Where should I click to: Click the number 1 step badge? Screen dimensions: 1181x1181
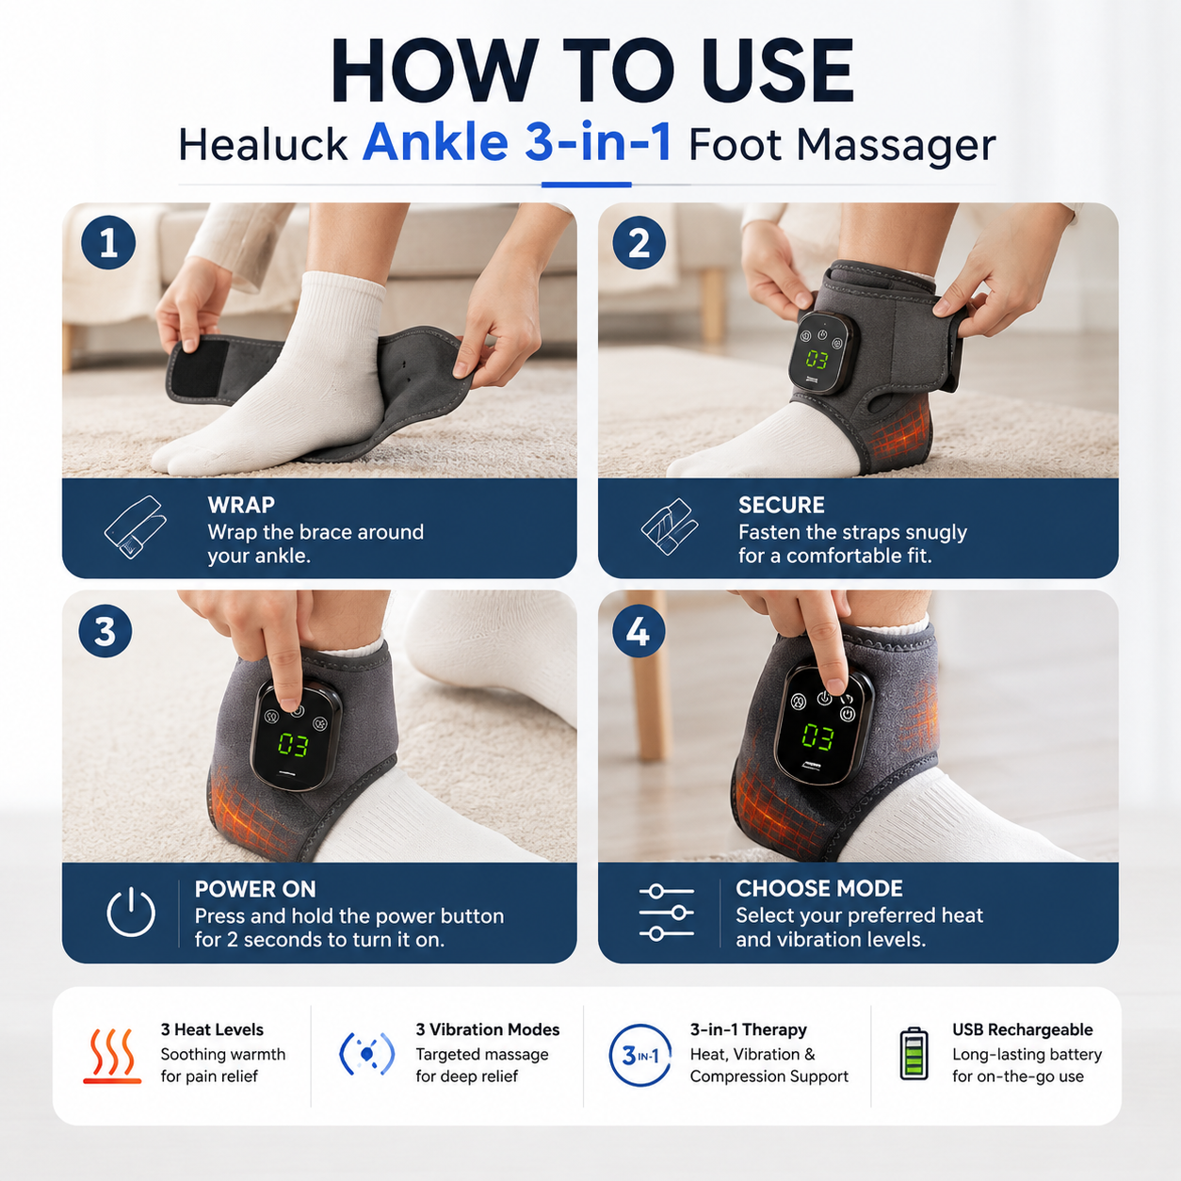point(108,243)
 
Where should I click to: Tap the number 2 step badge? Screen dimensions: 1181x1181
point(639,243)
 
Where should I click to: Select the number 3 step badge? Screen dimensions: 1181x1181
point(105,631)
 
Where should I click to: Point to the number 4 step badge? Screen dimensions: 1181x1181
point(639,631)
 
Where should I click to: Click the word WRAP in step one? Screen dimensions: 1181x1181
point(241,505)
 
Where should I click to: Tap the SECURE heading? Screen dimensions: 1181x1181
point(782,505)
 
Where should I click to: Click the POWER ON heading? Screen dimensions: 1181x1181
point(255,889)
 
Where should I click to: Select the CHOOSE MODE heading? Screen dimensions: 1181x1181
point(819,889)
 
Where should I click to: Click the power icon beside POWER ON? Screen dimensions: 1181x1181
point(131,913)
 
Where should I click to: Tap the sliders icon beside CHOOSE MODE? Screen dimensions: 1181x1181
point(666,913)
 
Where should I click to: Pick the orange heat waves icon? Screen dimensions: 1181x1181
point(112,1056)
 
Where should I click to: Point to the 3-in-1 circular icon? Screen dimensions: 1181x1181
point(639,1056)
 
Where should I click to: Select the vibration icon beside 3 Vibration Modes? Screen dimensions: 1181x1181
point(367,1054)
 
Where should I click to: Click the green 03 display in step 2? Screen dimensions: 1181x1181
point(817,360)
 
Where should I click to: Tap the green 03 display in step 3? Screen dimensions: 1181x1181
point(293,745)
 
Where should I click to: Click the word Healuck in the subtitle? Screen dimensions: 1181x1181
point(263,146)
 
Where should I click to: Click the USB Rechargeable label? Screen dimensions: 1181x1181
point(1022,1029)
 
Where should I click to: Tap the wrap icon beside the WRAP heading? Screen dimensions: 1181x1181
point(136,527)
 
